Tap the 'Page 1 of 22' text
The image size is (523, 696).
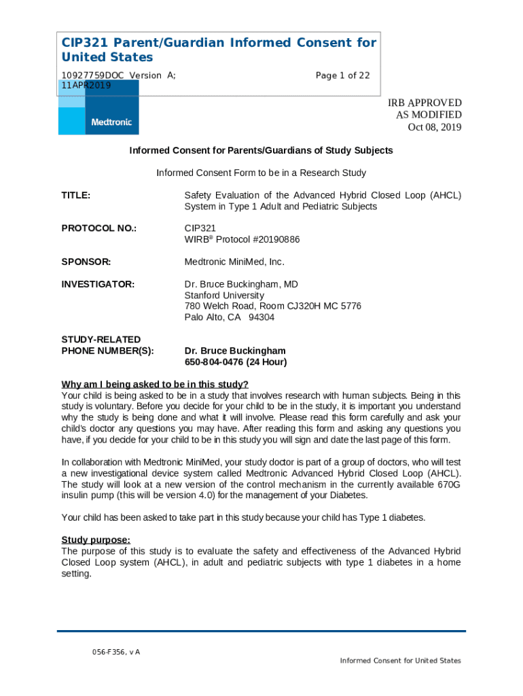[x=342, y=75]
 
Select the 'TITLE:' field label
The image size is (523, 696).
[x=76, y=195]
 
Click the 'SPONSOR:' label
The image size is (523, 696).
[x=86, y=262]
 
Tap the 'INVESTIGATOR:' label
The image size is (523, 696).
[x=98, y=284]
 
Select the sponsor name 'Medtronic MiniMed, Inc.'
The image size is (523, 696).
[x=234, y=262]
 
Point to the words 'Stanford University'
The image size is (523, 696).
[x=224, y=296]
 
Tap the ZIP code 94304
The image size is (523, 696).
[x=261, y=317]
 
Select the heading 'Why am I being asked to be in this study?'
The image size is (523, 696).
[x=155, y=384]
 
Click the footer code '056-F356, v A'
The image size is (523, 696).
[x=116, y=652]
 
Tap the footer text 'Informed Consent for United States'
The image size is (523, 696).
[x=401, y=661]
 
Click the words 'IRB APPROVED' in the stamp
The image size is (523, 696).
[x=425, y=103]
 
